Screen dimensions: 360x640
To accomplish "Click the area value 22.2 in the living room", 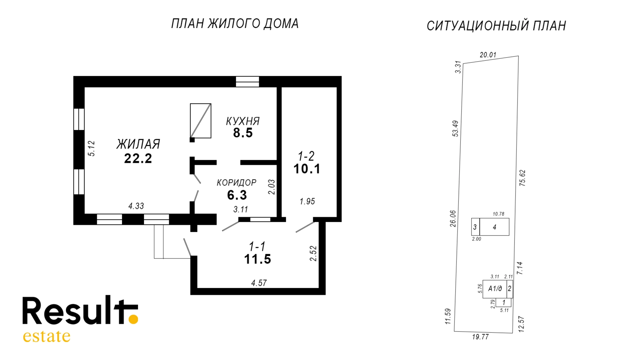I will click(138, 158).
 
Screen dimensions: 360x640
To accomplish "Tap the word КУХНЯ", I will click(243, 121).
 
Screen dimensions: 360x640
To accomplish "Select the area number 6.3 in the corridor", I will click(237, 195).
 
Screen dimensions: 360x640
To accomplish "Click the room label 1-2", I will click(306, 156).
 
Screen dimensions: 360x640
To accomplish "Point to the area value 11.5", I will click(258, 259).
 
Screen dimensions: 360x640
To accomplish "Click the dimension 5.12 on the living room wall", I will click(92, 148).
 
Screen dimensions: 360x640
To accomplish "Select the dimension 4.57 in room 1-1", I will click(259, 283).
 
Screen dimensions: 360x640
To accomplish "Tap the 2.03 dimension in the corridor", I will click(272, 187).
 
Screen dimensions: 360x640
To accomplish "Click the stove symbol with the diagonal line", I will click(200, 121).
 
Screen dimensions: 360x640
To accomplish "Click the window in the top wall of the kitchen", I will click(247, 82).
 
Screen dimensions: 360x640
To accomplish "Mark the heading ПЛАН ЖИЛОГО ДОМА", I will click(235, 24).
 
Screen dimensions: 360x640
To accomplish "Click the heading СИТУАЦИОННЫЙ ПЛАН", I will click(496, 26).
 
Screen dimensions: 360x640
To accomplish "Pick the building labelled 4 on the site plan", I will click(494, 227).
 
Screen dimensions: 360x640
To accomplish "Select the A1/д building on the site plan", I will click(495, 288).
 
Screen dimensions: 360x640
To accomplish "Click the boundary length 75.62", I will click(522, 178).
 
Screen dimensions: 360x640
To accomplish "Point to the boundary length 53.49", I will click(456, 128).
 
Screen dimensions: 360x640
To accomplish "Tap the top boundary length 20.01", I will click(488, 55).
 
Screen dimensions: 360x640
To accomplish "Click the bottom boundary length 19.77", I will click(480, 337).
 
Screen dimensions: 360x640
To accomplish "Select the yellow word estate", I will click(47, 336).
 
